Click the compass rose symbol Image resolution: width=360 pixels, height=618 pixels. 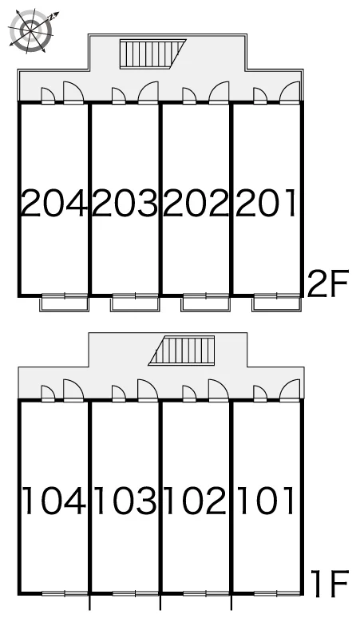(31, 30)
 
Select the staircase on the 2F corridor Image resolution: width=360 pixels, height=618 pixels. (152, 54)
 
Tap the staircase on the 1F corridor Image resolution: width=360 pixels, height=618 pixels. (181, 351)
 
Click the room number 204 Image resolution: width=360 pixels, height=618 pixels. (53, 204)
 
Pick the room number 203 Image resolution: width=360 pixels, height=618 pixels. (125, 204)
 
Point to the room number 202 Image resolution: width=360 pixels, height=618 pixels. (196, 204)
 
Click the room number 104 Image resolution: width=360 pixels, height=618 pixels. (54, 501)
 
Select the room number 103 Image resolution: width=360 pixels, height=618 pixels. (125, 501)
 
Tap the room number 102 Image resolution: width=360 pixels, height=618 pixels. (196, 501)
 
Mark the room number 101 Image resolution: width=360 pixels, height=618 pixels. (266, 501)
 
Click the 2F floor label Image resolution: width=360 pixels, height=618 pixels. (328, 283)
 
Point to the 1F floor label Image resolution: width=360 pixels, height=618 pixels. (330, 584)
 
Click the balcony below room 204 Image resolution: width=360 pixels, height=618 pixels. (65, 304)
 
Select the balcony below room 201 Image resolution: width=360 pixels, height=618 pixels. (276, 304)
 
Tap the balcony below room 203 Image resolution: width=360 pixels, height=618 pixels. (135, 304)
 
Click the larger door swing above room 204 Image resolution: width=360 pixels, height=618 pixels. (73, 93)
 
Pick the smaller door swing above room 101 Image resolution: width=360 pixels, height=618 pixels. (260, 393)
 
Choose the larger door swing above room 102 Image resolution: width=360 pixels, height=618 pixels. (219, 390)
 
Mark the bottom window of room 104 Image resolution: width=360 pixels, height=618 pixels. (65, 593)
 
